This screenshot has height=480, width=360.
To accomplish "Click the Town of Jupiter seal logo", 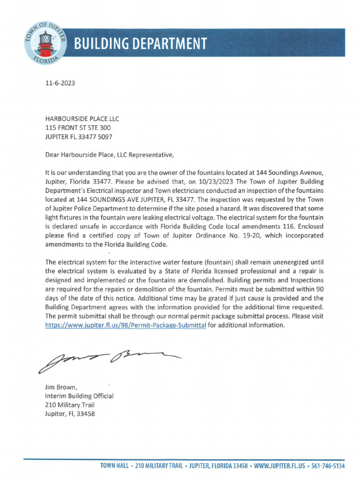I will (x=42, y=43).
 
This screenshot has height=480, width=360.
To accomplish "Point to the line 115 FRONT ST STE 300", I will (x=78, y=128).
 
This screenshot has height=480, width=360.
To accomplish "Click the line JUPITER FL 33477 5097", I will (x=78, y=137).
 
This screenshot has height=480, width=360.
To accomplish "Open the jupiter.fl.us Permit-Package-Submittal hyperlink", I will (x=126, y=326).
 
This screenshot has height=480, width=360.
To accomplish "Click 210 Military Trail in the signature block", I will (x=69, y=405).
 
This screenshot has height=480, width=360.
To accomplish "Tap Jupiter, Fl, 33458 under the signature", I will (x=70, y=414).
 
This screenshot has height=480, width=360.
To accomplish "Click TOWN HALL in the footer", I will (x=115, y=466).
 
